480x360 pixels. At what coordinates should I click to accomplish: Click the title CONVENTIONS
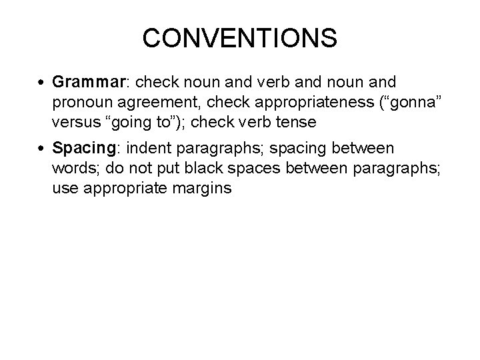point(239,38)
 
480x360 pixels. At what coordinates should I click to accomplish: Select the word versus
point(74,123)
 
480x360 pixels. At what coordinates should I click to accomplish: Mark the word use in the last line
point(65,189)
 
